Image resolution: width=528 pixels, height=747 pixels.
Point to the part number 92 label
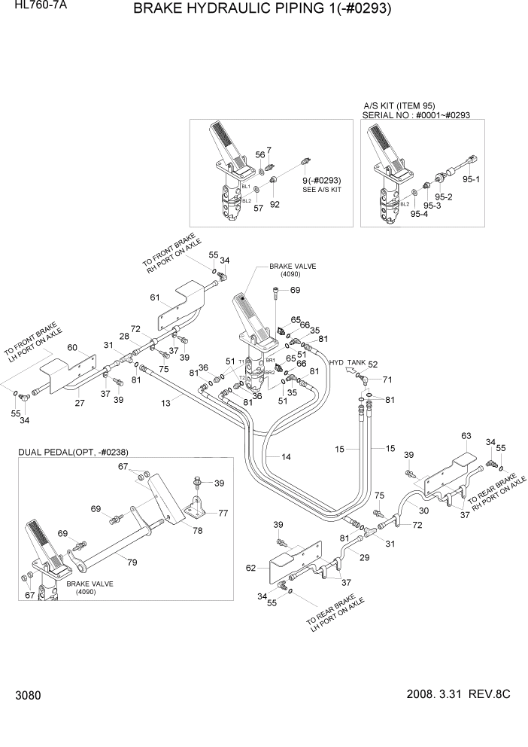[275, 203]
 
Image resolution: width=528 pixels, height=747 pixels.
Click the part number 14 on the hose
[286, 457]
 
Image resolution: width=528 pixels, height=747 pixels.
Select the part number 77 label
[223, 512]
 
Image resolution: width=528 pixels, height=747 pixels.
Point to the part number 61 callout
[155, 298]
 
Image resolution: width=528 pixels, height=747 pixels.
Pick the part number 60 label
[73, 347]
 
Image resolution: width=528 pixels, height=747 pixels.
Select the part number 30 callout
[423, 510]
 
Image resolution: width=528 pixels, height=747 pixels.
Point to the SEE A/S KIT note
[322, 191]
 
